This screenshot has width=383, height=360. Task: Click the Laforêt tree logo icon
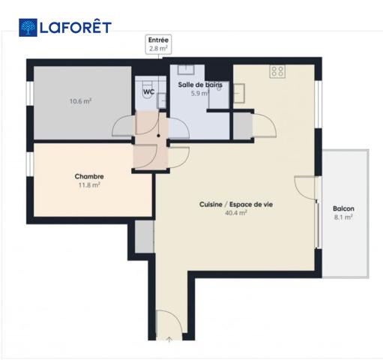point(28,28)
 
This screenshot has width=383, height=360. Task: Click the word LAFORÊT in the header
point(76,27)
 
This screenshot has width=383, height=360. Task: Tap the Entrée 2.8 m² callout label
point(158,44)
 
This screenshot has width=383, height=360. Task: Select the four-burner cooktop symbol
point(277,71)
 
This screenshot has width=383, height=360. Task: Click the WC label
point(149,91)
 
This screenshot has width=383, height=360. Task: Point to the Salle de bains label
point(200,85)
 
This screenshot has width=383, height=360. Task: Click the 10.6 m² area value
point(80,101)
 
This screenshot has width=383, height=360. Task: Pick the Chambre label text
point(89,176)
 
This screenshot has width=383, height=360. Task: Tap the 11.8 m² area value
point(89,185)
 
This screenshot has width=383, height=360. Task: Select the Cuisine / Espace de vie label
point(236,204)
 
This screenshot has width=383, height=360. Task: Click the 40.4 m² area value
point(236,213)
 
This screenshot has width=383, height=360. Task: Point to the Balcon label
point(343,208)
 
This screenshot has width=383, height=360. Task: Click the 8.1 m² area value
point(343,217)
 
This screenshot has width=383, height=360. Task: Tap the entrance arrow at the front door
point(169,339)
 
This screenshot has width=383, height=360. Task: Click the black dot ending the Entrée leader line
point(158,136)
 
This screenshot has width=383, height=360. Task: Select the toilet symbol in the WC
point(148,90)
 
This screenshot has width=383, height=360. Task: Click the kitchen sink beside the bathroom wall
point(238,93)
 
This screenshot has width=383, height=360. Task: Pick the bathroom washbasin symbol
point(186,69)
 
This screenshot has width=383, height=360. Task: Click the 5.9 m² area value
point(200,94)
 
